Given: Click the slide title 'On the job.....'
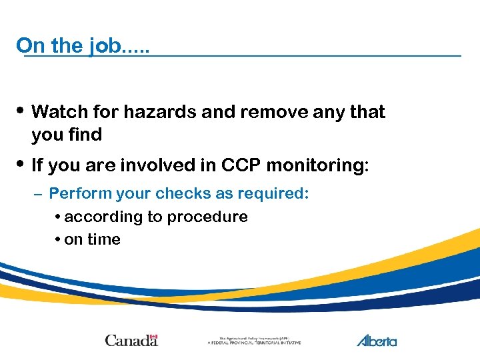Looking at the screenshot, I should pyautogui.click(x=83, y=45).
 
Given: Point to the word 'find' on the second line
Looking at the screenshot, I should pyautogui.click(x=85, y=135).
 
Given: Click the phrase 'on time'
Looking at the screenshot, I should pyautogui.click(x=92, y=240).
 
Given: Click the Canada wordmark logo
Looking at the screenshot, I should pyautogui.click(x=131, y=340).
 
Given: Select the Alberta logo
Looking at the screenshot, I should pyautogui.click(x=377, y=340).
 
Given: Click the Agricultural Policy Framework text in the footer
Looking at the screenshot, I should pyautogui.click(x=254, y=340).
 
